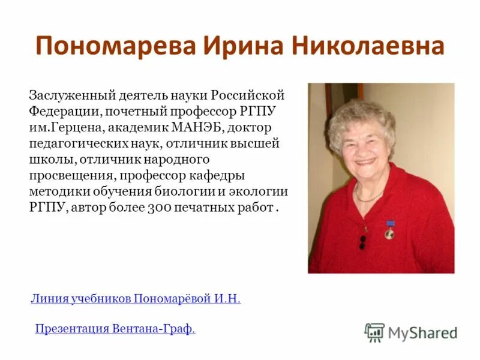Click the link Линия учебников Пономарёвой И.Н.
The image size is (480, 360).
coord(136,299)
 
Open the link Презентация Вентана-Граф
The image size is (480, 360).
coord(115,329)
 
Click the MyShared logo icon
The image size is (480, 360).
coord(374,332)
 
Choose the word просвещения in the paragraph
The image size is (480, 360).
coord(72,176)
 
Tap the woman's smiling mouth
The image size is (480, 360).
coord(365,162)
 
